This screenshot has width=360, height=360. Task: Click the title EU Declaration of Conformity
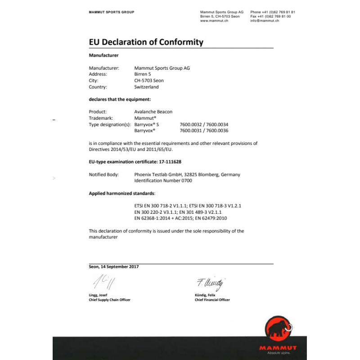tap(146, 42)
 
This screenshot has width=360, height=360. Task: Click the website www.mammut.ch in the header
tap(214, 21)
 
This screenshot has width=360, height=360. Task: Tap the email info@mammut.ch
tap(265, 21)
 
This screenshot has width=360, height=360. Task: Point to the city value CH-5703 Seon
tap(149, 81)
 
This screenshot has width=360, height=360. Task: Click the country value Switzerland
tap(146, 87)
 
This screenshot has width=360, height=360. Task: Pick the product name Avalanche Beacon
tap(153, 112)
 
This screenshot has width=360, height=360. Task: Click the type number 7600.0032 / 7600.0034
tap(204, 124)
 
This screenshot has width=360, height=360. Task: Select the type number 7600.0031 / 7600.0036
tap(204, 130)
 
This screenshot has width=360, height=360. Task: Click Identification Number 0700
tap(163, 180)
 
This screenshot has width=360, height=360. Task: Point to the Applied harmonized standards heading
tap(122, 193)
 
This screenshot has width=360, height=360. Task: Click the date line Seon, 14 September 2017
tap(114, 266)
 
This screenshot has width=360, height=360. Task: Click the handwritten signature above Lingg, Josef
tap(104, 283)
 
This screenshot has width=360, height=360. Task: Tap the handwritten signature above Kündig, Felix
tap(210, 283)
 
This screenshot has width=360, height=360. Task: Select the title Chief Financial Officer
tap(212, 300)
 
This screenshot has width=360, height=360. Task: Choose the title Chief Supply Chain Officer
tap(110, 300)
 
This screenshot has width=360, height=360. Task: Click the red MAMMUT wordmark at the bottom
tap(278, 348)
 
